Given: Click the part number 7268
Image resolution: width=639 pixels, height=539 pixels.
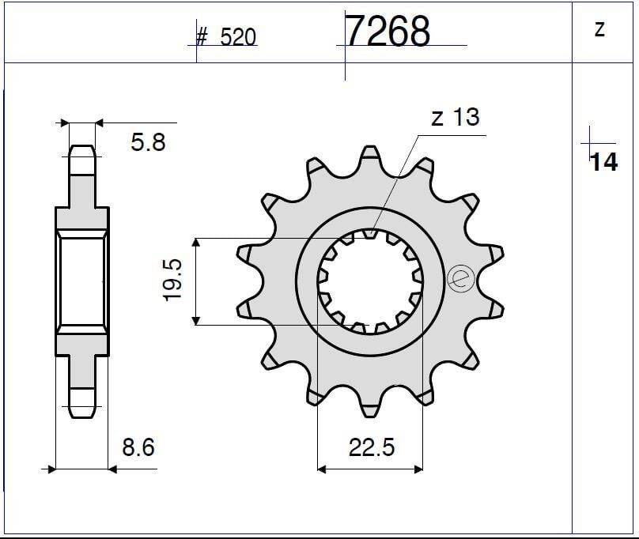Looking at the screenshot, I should [388, 32].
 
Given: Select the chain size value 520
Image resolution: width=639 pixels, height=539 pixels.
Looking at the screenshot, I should [238, 38].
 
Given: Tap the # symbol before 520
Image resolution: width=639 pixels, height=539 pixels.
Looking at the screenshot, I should [202, 38].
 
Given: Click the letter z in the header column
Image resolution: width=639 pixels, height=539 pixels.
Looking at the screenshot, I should [599, 29].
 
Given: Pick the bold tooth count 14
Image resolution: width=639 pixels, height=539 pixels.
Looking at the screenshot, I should [604, 162].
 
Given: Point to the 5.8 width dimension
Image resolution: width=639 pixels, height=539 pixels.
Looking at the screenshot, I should [148, 143].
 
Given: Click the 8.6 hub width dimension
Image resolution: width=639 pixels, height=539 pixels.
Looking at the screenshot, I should [138, 448].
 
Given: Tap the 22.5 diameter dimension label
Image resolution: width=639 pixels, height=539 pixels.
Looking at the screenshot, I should [371, 448].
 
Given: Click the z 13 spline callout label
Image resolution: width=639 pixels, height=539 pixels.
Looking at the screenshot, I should [455, 117].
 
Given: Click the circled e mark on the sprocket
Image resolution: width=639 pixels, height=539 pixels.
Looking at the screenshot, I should [459, 278].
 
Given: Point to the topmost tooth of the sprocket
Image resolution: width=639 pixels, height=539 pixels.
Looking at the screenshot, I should [369, 156].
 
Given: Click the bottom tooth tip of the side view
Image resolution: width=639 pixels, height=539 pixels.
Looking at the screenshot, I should [82, 412].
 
